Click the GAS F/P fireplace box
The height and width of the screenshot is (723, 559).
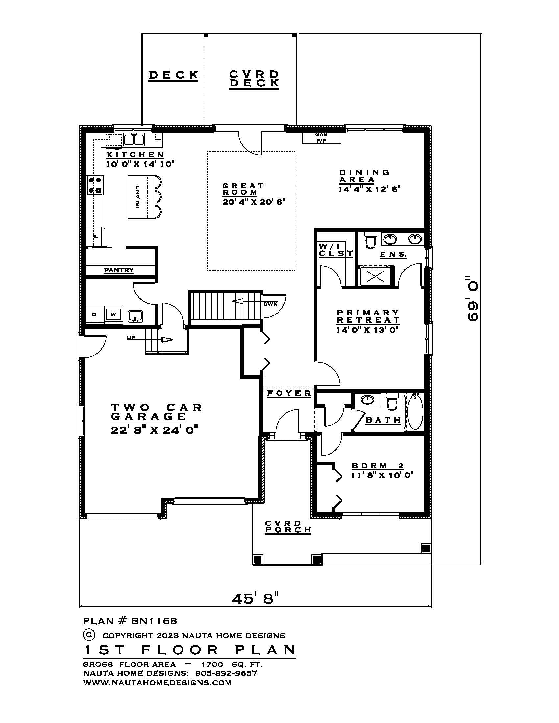[321, 138]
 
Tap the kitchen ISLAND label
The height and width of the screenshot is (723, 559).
[138, 197]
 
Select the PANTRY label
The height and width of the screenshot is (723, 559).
[119, 270]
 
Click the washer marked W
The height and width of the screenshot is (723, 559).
[113, 314]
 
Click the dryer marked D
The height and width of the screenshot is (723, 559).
[94, 314]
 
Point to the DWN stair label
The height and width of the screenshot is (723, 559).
[270, 304]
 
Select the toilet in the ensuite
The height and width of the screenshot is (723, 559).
[370, 240]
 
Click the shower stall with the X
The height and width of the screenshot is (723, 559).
[375, 276]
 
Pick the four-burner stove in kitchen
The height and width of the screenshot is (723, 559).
[95, 185]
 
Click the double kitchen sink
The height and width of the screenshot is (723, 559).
[134, 139]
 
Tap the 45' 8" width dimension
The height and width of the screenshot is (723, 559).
[255, 598]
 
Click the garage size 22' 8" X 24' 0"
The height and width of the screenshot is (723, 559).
[154, 430]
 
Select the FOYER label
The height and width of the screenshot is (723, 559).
[289, 393]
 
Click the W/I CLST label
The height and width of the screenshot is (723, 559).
[335, 250]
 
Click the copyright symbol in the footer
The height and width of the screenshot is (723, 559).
[88, 635]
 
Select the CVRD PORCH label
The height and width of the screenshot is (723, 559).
[288, 526]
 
